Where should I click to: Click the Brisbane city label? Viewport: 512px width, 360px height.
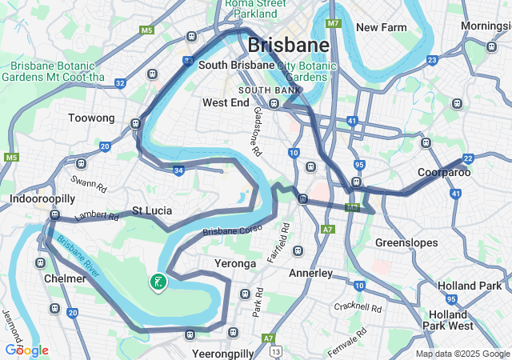[x=288, y=44]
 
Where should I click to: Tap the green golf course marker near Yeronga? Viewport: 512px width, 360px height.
[x=158, y=281]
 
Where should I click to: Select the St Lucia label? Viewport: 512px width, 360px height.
[x=152, y=211]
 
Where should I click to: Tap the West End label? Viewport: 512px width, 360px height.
[x=226, y=102]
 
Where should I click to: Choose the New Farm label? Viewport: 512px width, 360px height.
[x=382, y=27]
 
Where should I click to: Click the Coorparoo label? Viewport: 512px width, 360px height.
[x=443, y=172]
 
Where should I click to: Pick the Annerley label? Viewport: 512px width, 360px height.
[x=310, y=273]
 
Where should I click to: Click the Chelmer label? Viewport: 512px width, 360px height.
[x=66, y=278]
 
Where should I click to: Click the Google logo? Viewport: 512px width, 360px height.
[x=26, y=350]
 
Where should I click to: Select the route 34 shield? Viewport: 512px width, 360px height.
[x=178, y=170]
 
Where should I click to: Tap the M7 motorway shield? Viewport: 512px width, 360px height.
[x=334, y=23]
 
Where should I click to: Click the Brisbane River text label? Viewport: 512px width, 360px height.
[x=78, y=258]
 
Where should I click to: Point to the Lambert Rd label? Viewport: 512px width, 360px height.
[x=91, y=216]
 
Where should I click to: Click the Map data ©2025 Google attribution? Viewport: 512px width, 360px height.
[x=462, y=354]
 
